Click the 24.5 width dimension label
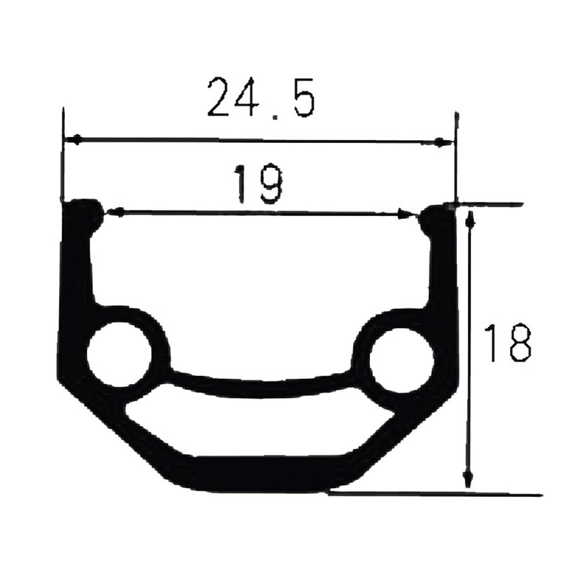point(261,97)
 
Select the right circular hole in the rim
point(402,360)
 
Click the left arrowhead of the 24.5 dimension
point(76,140)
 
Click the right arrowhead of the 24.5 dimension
point(443,142)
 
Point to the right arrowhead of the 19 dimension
point(406,213)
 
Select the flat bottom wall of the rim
point(260,474)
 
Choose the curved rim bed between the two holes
point(260,387)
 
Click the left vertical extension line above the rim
point(62,156)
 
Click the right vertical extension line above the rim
point(456,156)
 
